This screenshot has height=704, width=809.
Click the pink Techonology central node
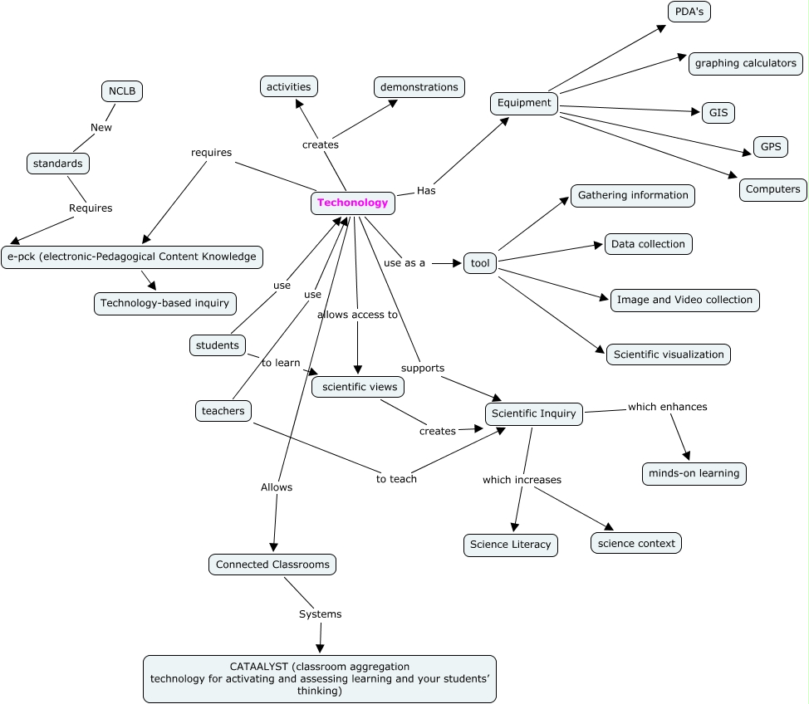point(352,203)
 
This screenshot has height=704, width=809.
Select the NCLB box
point(121,90)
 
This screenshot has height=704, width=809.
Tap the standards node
point(57,164)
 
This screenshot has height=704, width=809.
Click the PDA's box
point(689,12)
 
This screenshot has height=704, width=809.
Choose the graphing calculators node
point(745,63)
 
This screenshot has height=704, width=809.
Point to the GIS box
point(718,112)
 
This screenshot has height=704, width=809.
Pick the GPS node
point(770,147)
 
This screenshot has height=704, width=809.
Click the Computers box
point(772,189)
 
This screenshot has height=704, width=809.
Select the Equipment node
point(524,103)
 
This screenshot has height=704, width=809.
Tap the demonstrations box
point(419,87)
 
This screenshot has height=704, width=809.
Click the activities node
point(288,86)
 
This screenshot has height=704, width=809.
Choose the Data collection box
point(648,244)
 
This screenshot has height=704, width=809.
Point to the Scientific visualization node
point(669,354)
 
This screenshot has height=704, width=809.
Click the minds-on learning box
point(694,473)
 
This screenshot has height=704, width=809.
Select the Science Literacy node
point(510,545)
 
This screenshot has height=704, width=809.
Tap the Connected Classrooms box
point(272,565)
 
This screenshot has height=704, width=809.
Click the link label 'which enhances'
point(667,407)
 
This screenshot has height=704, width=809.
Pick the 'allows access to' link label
point(357,315)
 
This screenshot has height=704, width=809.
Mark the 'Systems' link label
point(320,614)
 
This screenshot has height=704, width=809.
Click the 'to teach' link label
point(396,479)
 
